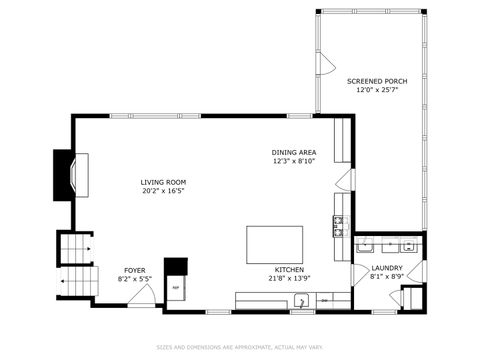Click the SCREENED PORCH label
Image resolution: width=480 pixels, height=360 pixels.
coord(375,80)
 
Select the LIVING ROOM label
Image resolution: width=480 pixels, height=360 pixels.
coord(163,181)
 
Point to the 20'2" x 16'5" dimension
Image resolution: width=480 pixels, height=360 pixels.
coord(163,190)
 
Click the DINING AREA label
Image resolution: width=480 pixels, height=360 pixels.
coord(295,152)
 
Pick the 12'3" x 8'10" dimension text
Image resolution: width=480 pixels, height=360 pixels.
coord(295,161)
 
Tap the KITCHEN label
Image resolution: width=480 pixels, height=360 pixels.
coord(290,269)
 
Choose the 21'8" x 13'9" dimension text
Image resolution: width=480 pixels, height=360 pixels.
coord(290,278)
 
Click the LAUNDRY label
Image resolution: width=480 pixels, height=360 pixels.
coord(387,268)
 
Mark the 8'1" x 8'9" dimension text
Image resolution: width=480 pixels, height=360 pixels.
coord(387,277)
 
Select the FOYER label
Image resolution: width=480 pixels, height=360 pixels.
coord(134,270)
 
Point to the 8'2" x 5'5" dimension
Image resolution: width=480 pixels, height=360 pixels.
coord(134,279)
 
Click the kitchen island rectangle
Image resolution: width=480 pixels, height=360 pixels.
coord(275,244)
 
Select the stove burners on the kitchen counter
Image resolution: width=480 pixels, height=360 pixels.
coord(339,226)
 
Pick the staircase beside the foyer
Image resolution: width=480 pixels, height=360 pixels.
coord(75,266)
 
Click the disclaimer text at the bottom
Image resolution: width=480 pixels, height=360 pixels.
coord(240,348)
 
